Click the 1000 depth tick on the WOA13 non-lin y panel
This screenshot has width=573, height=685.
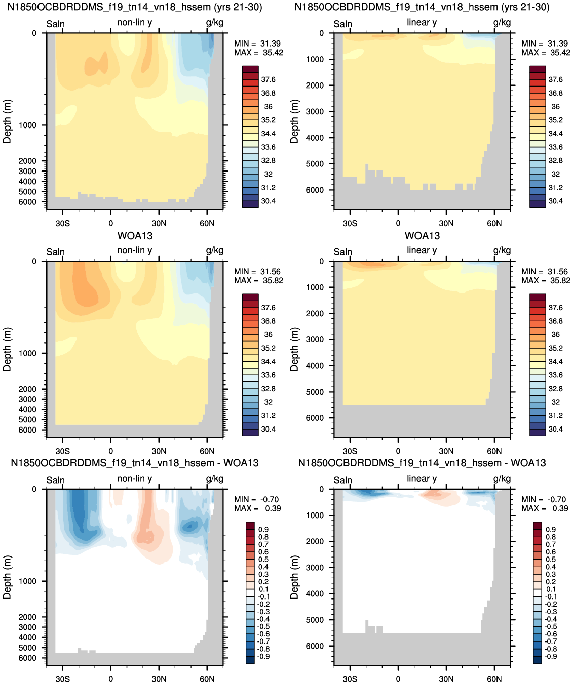27,353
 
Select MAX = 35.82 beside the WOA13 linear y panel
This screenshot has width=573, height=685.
546,280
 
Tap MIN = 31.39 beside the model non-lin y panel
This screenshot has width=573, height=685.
257,44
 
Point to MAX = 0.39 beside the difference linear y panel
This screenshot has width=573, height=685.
544,508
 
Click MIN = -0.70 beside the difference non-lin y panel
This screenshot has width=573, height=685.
256,499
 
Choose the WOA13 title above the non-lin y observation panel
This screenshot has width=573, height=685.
135,236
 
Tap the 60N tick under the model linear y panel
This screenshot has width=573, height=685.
494,223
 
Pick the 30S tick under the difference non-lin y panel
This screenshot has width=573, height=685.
62,679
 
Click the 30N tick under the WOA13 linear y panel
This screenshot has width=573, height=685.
446,451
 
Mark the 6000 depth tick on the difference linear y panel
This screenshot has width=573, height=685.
315,646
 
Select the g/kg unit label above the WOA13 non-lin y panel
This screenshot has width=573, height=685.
214,250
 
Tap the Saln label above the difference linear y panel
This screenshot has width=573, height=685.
342,480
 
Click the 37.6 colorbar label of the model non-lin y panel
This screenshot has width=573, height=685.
268,79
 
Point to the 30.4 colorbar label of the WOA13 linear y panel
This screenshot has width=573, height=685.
555,429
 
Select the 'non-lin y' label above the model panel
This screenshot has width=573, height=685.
134,22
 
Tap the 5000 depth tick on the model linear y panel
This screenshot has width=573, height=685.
315,163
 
